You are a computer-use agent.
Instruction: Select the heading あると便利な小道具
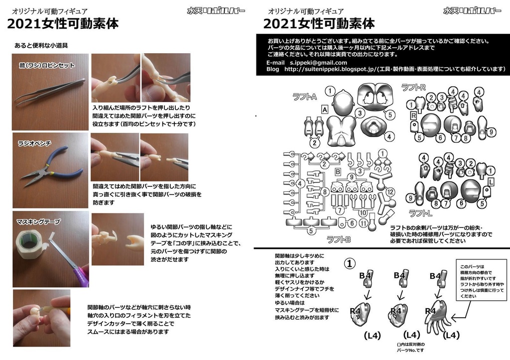tap(41, 45)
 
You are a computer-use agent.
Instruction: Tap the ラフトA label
tap(304, 97)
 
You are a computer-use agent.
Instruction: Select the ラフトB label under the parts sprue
tap(339, 239)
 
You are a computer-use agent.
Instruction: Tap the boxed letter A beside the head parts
tap(324, 109)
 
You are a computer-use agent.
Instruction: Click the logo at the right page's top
tap(472, 10)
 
